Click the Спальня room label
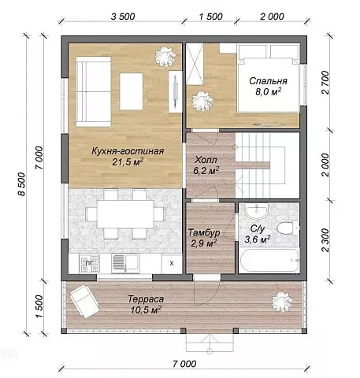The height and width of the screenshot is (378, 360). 268,81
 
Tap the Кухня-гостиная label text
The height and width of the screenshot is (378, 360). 128,151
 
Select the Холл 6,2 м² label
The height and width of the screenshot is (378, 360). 206,165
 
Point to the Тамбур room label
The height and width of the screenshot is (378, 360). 204,232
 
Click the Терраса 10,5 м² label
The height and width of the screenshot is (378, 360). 146,305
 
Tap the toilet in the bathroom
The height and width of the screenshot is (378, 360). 288,228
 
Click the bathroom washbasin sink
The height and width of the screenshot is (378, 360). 257,211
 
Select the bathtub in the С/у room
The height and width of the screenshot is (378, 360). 269,260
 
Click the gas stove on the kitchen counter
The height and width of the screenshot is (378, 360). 89,263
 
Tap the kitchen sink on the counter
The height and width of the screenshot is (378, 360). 125,263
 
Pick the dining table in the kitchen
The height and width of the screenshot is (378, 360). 125,214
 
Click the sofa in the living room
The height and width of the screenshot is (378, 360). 93,91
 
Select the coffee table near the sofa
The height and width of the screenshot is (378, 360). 132,91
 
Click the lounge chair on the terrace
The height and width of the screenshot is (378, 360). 84,302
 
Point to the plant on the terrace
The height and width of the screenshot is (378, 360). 282,302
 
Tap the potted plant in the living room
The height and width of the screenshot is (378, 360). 165,57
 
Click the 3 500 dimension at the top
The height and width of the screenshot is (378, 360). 123,17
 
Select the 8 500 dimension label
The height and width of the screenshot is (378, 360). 22,184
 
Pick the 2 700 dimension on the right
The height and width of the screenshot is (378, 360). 325,83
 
